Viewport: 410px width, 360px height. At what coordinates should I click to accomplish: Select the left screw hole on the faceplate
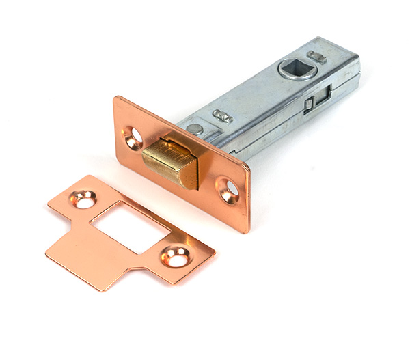pyautogui.click(x=135, y=138)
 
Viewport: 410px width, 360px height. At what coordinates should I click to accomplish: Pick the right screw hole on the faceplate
pyautogui.click(x=229, y=190)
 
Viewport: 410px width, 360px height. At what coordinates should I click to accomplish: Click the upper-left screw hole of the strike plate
pyautogui.click(x=84, y=199)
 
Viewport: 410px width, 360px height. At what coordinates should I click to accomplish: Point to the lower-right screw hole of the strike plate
pyautogui.click(x=176, y=257)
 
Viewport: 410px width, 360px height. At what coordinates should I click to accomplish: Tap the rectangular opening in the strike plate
pyautogui.click(x=130, y=226)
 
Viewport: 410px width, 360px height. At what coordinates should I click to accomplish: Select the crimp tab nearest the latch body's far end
pyautogui.click(x=316, y=57)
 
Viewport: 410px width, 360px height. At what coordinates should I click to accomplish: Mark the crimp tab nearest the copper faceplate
pyautogui.click(x=222, y=116)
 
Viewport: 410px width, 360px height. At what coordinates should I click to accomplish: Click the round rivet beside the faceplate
pyautogui.click(x=196, y=128)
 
